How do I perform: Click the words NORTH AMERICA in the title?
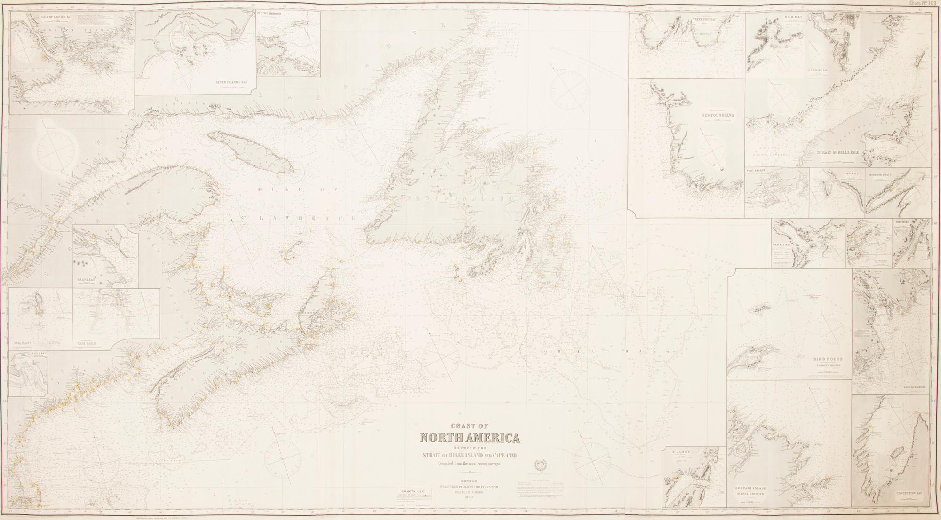[470, 438]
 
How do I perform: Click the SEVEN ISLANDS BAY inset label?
[231, 82]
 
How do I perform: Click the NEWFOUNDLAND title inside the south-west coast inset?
[717, 115]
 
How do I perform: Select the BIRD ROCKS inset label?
[828, 359]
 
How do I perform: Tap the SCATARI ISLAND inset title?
[753, 488]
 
